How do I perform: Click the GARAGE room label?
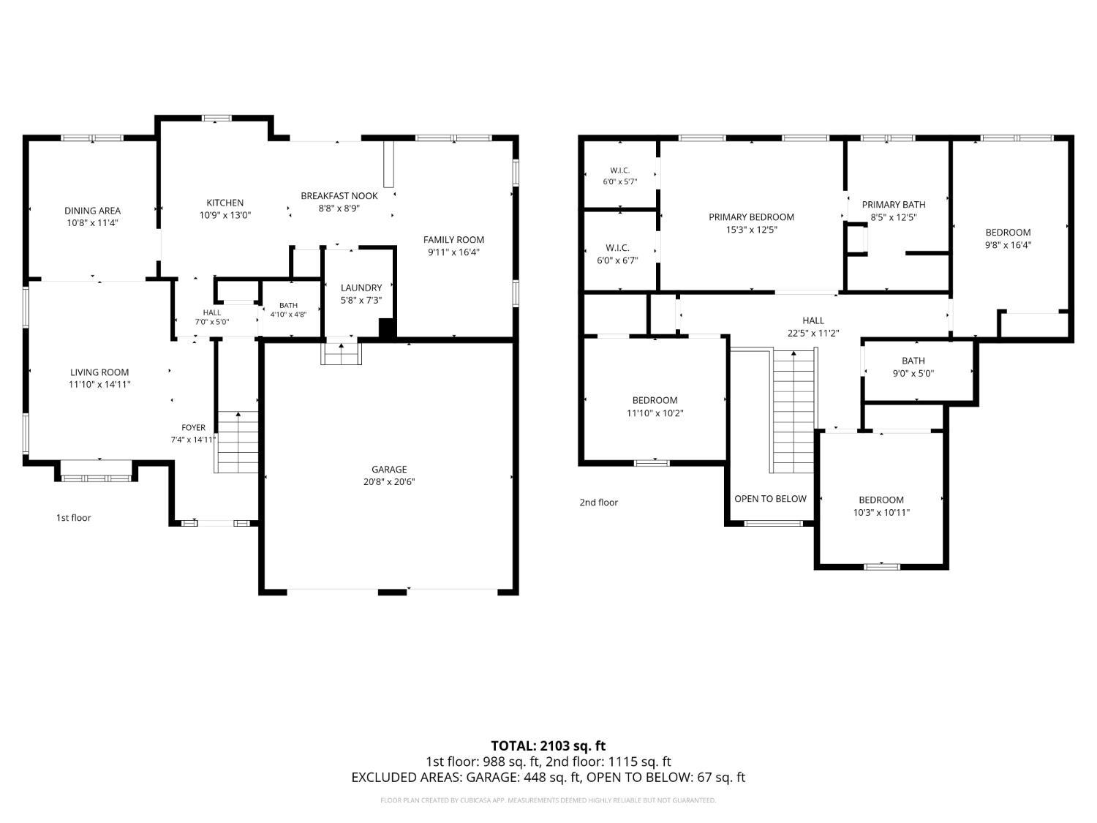click(389, 469)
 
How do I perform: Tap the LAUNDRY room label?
click(361, 288)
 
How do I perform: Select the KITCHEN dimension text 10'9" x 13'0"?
click(225, 215)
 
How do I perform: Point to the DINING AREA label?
click(92, 211)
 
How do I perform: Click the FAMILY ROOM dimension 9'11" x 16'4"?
click(454, 252)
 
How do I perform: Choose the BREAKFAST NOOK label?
click(339, 196)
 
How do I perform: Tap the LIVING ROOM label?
click(99, 372)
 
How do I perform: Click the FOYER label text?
click(193, 428)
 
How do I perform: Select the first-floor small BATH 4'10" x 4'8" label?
click(288, 309)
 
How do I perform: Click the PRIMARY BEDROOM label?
click(751, 217)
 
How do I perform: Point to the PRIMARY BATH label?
click(894, 204)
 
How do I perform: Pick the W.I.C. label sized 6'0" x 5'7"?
click(619, 176)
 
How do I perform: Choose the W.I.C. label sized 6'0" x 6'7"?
click(617, 254)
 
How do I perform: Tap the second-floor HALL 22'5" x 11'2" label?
click(813, 327)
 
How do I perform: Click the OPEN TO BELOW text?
click(770, 499)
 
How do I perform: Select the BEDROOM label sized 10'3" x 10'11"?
click(881, 506)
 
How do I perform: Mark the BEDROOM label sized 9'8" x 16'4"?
click(1008, 239)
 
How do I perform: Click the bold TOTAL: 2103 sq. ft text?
click(548, 746)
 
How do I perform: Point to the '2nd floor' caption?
click(599, 502)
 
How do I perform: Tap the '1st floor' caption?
click(73, 518)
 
